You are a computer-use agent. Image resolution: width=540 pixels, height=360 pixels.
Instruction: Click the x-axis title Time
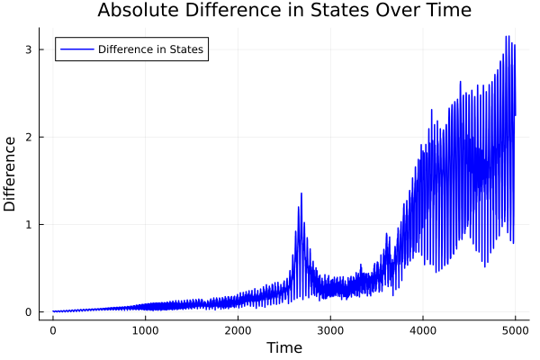pyautogui.click(x=283, y=347)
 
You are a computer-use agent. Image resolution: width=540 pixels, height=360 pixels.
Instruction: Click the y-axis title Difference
pyautogui.click(x=11, y=174)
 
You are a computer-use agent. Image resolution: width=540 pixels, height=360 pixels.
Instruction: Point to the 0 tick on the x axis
pyautogui.click(x=53, y=330)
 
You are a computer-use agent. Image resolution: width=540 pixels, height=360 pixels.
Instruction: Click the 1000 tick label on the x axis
pyautogui.click(x=146, y=330)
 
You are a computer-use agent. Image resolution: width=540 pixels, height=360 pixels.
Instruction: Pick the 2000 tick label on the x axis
pyautogui.click(x=238, y=330)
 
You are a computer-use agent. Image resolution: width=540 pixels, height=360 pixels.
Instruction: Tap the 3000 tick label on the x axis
pyautogui.click(x=330, y=330)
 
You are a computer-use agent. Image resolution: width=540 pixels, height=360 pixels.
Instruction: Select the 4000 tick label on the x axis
pyautogui.click(x=423, y=330)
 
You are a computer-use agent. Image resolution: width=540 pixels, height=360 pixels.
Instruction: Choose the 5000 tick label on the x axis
pyautogui.click(x=515, y=330)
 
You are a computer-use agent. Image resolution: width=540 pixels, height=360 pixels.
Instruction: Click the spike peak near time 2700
pyautogui.click(x=301, y=193)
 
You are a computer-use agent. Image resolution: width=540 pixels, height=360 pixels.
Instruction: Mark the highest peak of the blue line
pyautogui.click(x=507, y=37)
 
